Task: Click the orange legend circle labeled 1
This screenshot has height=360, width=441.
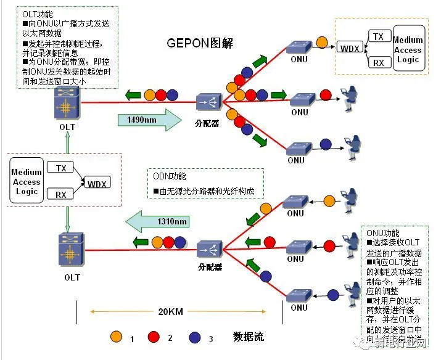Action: coord(115,337)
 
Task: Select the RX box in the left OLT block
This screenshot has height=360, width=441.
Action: coord(60,195)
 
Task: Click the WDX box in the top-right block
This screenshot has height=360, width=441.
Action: coord(349,47)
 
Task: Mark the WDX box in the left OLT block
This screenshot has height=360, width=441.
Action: coord(96,184)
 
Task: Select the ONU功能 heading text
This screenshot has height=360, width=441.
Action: coord(382,234)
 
